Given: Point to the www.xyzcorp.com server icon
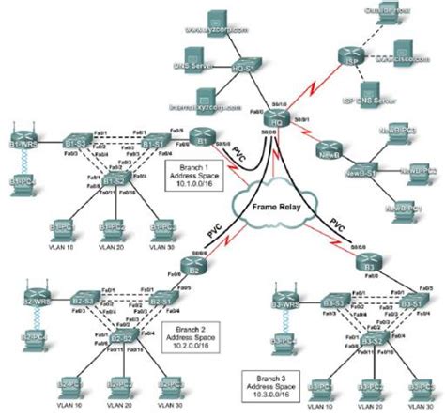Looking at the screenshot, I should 206,26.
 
